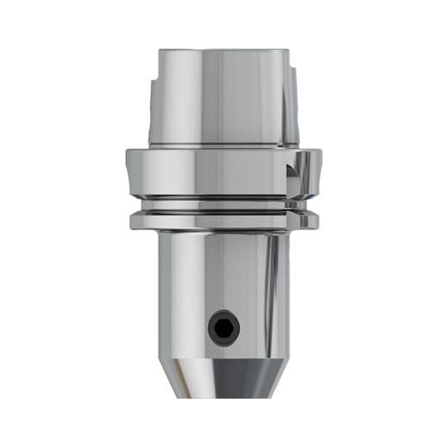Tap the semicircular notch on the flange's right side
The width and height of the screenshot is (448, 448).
(296, 172)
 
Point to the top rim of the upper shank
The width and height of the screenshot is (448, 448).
(223, 52)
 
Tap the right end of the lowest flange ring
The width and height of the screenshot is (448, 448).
(314, 222)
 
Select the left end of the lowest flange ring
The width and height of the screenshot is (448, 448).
(134, 222)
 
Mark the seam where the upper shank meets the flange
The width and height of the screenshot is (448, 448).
(223, 146)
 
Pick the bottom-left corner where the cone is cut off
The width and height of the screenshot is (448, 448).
(193, 395)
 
